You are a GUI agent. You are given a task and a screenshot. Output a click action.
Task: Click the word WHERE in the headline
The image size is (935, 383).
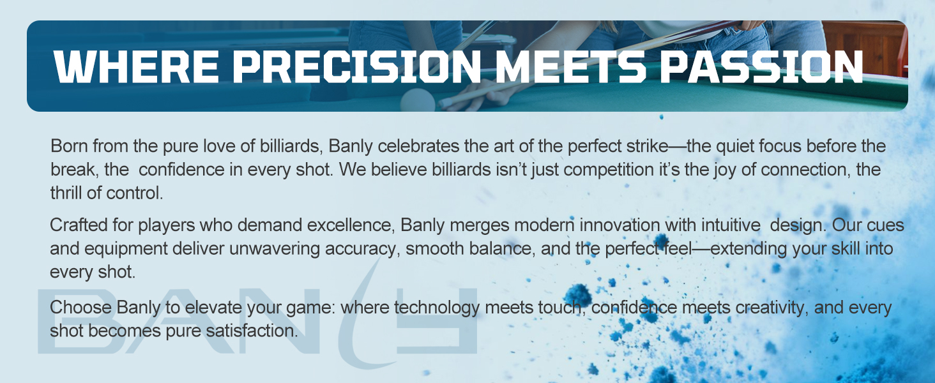(136, 67)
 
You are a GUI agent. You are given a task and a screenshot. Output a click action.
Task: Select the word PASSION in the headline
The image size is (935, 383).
(761, 67)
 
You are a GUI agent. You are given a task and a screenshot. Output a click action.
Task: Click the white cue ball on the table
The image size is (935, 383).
(418, 100)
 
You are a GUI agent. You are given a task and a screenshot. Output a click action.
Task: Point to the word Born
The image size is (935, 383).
(69, 146)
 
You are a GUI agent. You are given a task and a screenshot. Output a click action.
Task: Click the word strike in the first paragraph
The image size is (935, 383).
(648, 146)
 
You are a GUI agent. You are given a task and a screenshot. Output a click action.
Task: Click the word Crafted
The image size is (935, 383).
(79, 225)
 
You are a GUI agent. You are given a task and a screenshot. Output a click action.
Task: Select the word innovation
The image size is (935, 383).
(620, 225)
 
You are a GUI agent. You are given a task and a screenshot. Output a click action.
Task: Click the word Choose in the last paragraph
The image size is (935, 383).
(80, 308)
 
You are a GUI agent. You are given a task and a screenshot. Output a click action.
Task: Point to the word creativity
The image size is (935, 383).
(772, 308)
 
